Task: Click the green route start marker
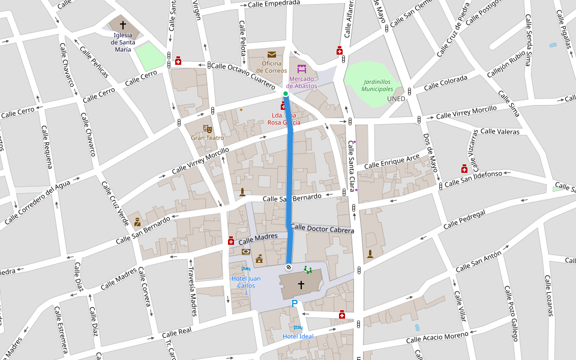click(286, 94)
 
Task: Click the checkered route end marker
click(289, 266)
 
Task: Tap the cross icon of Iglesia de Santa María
click(123, 25)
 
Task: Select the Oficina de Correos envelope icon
click(272, 55)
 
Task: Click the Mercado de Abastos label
click(301, 82)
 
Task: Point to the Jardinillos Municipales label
click(377, 85)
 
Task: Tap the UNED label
click(396, 98)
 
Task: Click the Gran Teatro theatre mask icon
click(208, 128)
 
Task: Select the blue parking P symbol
click(295, 304)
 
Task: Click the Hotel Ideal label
click(298, 336)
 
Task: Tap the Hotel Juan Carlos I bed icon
click(246, 269)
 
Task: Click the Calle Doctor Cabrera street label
click(322, 229)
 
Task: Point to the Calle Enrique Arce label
click(392, 161)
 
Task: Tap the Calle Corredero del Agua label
click(38, 202)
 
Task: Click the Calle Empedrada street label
click(273, 4)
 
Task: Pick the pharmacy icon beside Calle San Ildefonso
click(464, 169)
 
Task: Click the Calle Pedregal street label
click(464, 220)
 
